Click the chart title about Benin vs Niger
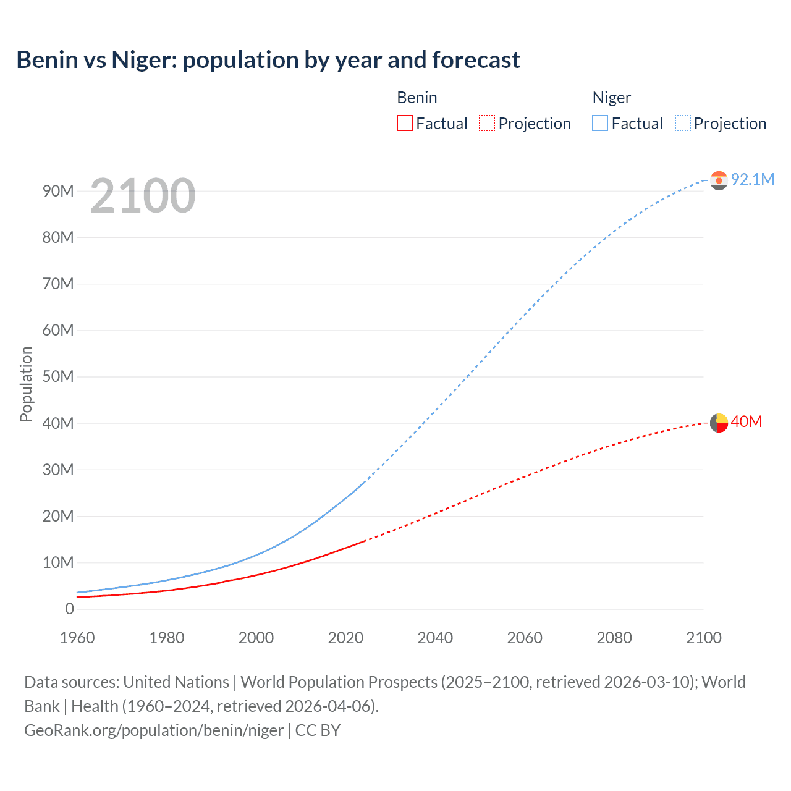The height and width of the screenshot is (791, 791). click(268, 60)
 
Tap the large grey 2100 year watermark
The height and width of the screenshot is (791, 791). click(143, 196)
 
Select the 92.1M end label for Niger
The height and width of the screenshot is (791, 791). click(752, 179)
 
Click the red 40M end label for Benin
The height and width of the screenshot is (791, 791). click(746, 422)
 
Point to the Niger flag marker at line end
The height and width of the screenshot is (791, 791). click(719, 180)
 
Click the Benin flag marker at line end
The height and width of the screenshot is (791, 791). click(719, 423)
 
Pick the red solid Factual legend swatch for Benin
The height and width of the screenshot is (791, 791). click(405, 123)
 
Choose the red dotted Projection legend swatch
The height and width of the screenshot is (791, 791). click(487, 123)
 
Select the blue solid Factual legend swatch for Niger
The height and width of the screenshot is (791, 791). click(600, 123)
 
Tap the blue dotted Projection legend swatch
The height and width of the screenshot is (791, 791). click(683, 123)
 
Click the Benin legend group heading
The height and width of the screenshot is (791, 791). click(417, 98)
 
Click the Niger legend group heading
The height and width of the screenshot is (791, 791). click(612, 98)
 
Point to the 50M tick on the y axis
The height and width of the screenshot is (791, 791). click(58, 377)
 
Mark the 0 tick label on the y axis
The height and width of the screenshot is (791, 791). click(69, 609)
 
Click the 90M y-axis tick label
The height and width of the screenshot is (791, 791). click(58, 191)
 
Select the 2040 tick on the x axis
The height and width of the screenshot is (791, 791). click(435, 638)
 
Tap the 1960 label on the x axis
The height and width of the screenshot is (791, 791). click(77, 638)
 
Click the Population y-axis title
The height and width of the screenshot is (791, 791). click(26, 384)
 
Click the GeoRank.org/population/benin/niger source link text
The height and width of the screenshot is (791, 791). click(154, 730)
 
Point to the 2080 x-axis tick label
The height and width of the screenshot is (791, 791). click(614, 638)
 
